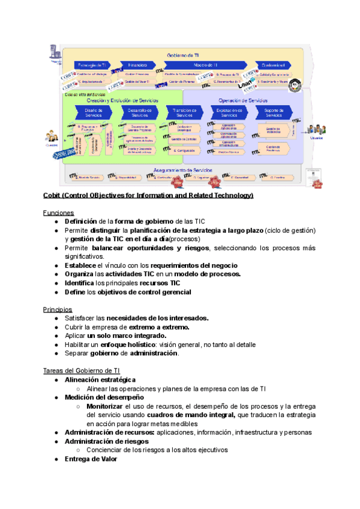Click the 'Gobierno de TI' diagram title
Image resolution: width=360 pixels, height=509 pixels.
click(x=183, y=55)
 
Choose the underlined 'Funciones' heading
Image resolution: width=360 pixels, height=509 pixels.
click(x=58, y=212)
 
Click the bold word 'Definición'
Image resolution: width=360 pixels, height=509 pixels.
click(x=81, y=221)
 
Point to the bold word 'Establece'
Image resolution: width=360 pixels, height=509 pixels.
click(x=82, y=265)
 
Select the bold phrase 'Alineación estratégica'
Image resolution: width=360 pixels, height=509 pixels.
click(x=100, y=380)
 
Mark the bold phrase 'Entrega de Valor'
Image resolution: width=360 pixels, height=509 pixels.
click(x=91, y=459)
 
